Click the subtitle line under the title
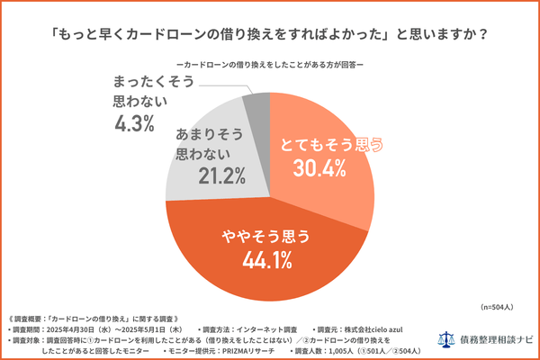pyautogui.click(x=270, y=66)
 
